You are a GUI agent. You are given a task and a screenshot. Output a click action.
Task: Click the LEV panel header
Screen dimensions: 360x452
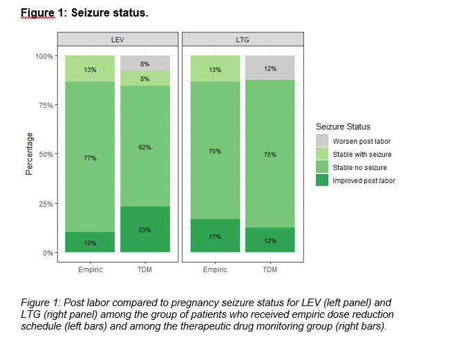117,41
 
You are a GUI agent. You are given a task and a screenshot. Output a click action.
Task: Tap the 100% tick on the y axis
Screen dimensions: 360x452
44,56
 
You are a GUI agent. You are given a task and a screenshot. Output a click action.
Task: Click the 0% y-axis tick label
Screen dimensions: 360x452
48,253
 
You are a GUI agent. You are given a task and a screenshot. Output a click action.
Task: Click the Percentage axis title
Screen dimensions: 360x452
29,153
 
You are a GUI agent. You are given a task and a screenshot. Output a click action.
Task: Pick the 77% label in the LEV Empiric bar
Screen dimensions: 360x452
91,158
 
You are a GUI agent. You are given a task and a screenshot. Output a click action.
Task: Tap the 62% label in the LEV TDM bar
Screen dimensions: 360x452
144,147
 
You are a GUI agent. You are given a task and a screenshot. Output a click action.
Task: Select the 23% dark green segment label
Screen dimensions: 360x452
144,229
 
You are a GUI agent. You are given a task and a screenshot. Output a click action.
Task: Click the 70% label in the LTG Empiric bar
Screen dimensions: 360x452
215,151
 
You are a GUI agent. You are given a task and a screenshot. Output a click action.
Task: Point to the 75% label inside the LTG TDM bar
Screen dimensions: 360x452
270,155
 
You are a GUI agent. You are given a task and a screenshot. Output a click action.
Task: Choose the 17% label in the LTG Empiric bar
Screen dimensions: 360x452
215,236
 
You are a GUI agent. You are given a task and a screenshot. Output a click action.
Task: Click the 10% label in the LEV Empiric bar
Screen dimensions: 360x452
91,243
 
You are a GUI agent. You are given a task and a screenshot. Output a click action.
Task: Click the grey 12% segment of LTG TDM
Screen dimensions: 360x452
270,68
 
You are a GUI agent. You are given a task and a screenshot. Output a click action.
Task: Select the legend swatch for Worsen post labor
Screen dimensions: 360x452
322,141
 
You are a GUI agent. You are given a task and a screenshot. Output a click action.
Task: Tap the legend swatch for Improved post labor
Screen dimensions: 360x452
322,180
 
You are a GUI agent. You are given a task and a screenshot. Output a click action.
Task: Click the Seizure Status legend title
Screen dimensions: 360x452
343,126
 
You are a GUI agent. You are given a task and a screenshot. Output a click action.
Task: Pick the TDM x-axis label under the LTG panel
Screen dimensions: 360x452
270,269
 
